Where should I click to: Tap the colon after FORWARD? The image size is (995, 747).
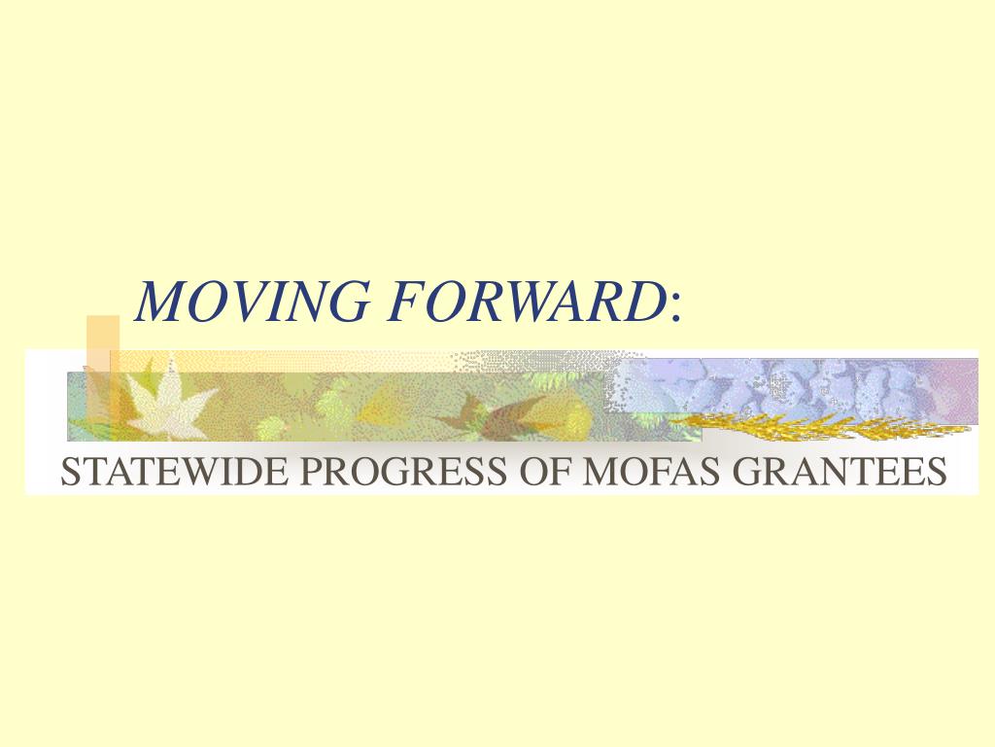675,308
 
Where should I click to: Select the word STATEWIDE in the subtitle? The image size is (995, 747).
174,472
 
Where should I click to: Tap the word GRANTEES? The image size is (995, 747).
841,472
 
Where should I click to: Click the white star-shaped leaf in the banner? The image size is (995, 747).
167,401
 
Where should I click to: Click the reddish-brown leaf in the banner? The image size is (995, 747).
495,416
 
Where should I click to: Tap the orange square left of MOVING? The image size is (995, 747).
103,343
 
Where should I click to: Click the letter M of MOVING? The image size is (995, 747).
161,301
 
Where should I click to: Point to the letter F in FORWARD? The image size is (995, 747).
407,301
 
